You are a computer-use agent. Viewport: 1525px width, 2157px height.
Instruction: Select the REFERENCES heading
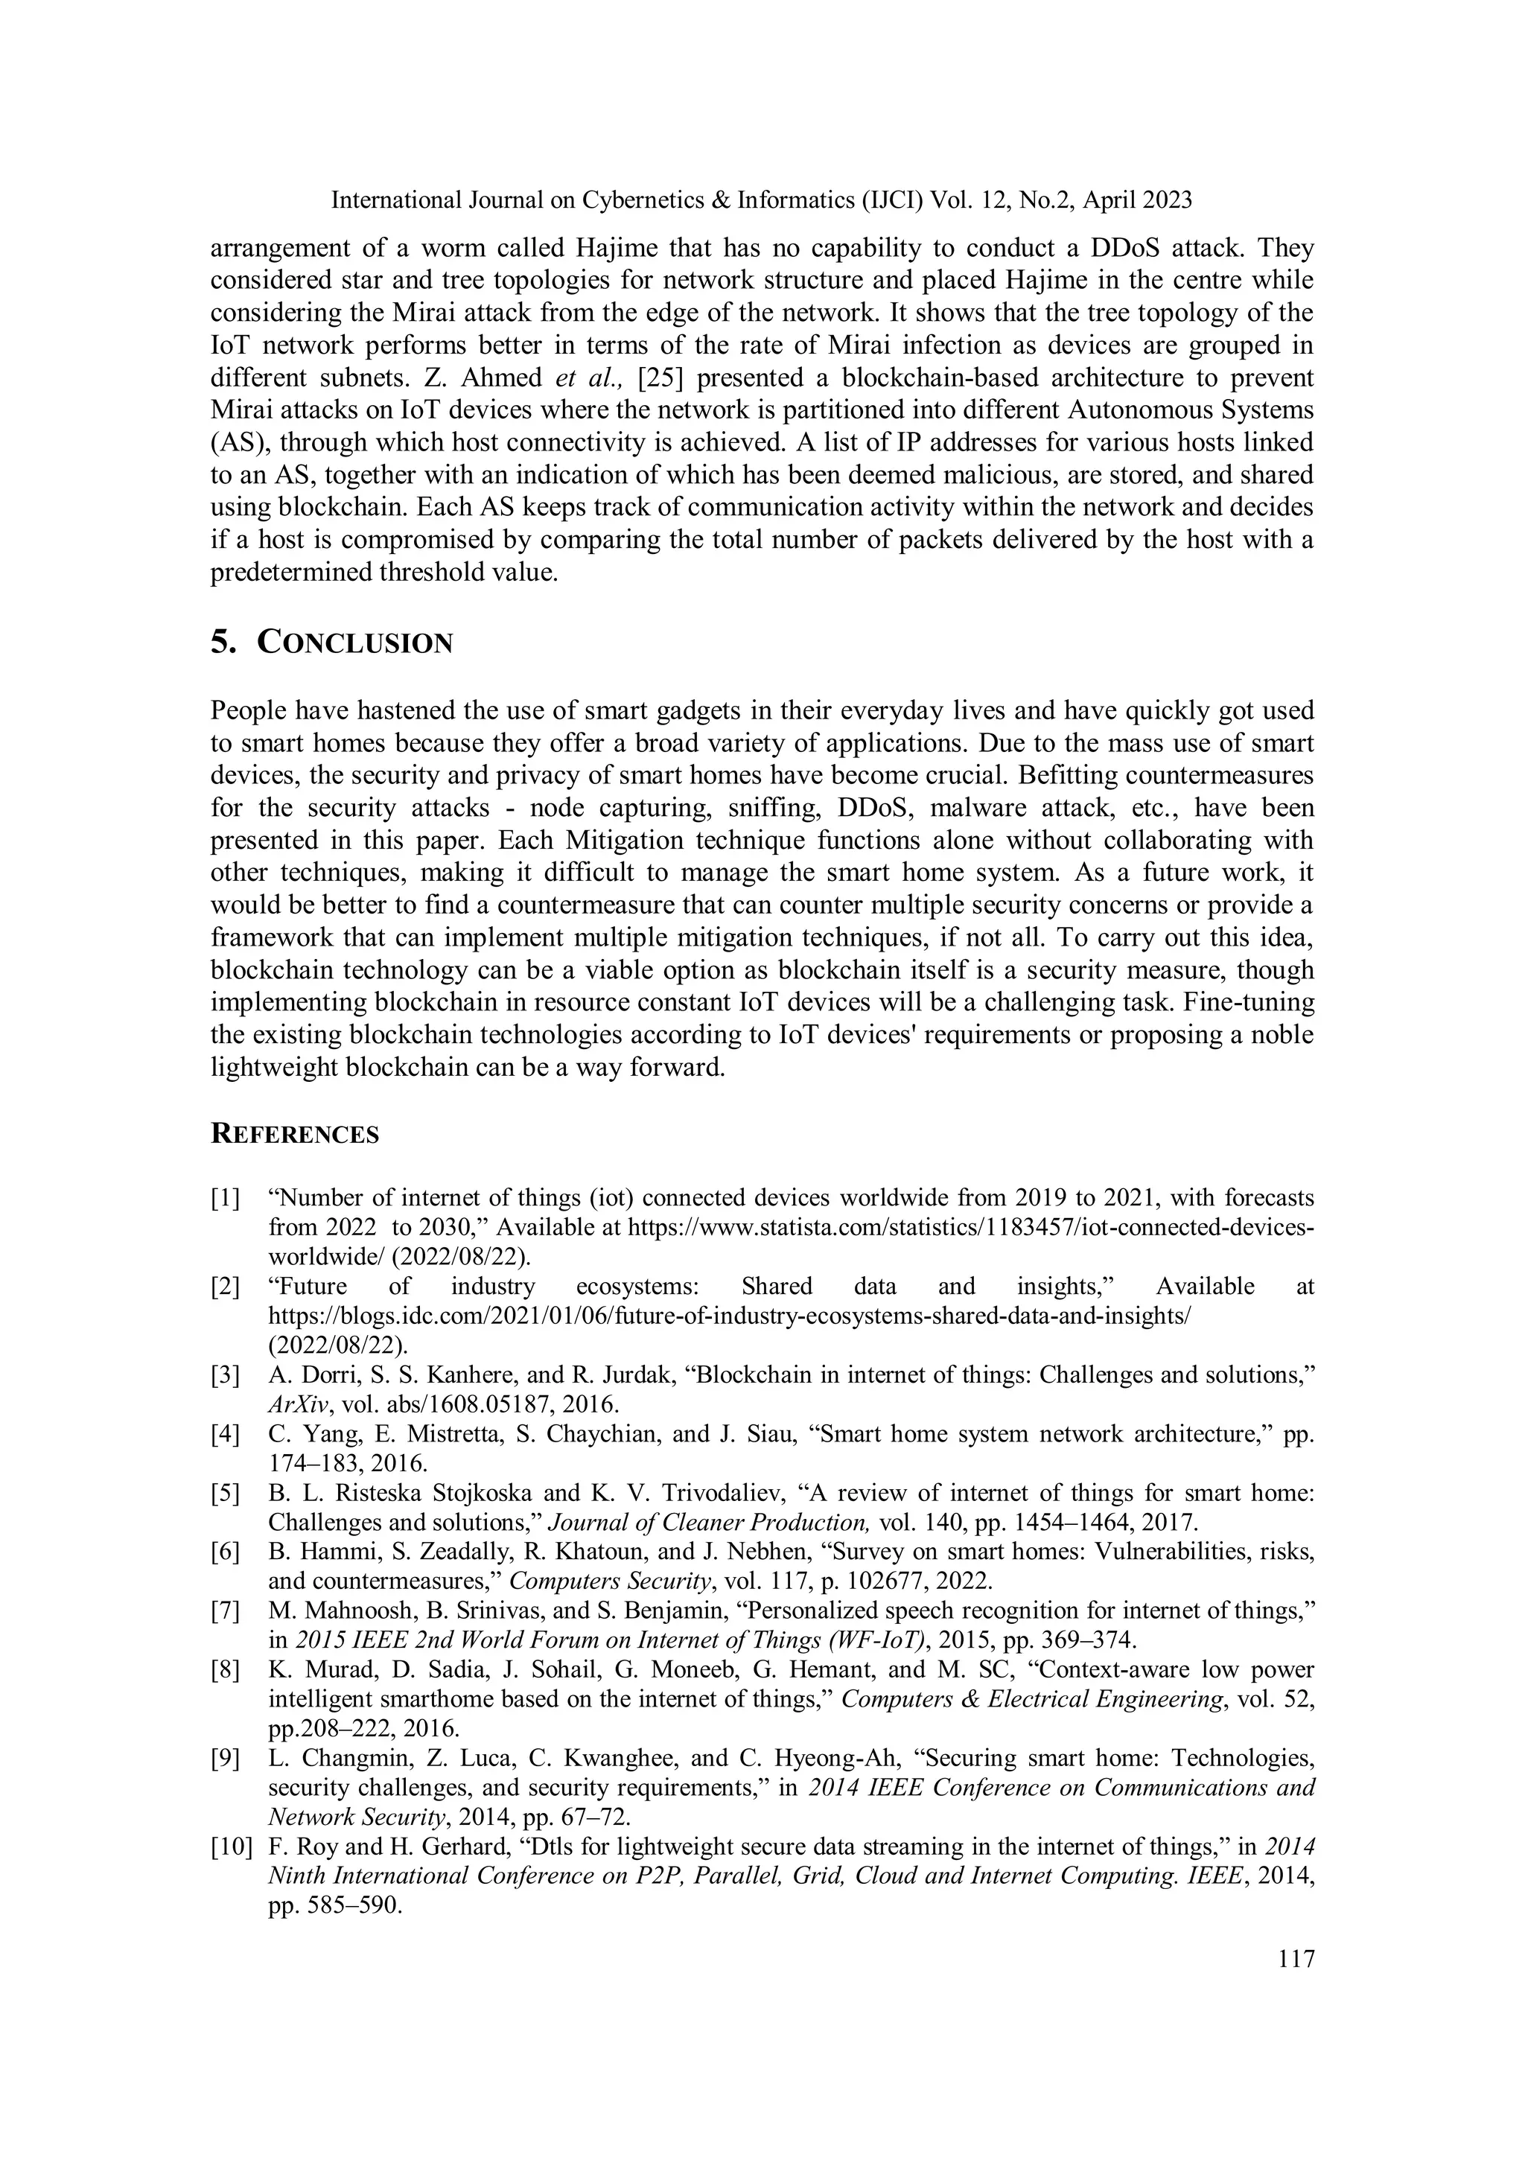coord(294,1134)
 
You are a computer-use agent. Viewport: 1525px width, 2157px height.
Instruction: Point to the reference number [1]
coord(225,1198)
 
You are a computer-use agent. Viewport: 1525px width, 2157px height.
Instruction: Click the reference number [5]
coord(225,1493)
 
